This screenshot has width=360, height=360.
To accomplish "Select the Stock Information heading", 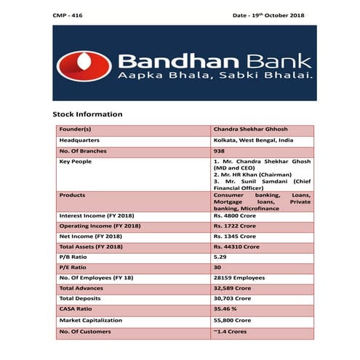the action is [87, 114].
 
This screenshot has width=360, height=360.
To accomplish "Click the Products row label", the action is [72, 195].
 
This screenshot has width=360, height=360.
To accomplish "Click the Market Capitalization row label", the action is [92, 320].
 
